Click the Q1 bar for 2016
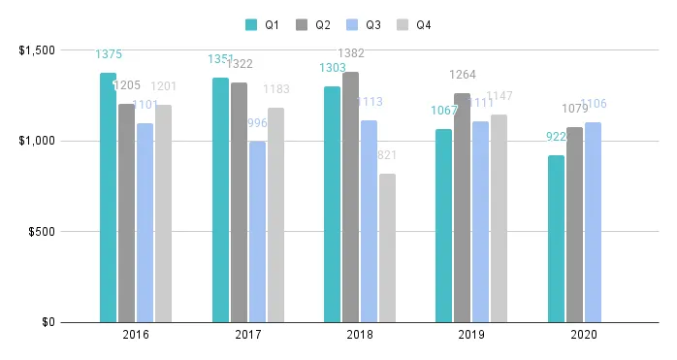point(108,198)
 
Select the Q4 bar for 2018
point(387,247)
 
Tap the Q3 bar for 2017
point(257,232)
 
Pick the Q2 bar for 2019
point(462,208)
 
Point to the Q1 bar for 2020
point(556,239)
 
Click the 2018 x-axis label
point(360,335)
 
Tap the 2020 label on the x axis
point(583,335)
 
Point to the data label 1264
point(462,74)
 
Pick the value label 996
point(257,123)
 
